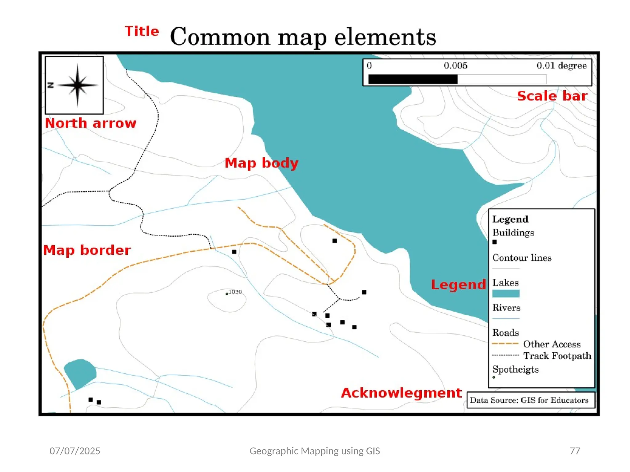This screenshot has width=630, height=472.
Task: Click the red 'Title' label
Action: (x=142, y=31)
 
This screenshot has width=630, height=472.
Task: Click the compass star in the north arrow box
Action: (x=78, y=85)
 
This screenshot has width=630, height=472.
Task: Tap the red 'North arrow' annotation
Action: (x=90, y=123)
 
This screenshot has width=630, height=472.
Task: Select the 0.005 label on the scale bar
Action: (x=455, y=65)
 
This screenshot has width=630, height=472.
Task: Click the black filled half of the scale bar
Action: (x=413, y=79)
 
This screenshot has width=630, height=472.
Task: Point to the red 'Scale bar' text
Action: (x=552, y=96)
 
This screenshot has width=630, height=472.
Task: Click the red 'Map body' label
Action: (x=261, y=163)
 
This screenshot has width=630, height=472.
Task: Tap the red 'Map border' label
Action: (x=87, y=250)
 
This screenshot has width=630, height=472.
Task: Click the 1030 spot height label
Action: (x=235, y=292)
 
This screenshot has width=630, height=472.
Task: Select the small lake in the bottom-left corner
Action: (x=80, y=373)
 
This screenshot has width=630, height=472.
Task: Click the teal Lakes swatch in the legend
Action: (x=506, y=293)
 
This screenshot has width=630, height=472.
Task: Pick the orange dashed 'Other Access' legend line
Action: (x=505, y=344)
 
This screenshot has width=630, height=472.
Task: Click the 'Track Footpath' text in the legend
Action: (x=557, y=356)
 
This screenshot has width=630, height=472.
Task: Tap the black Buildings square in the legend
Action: (x=495, y=242)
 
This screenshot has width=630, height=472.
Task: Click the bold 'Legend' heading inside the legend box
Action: (x=510, y=219)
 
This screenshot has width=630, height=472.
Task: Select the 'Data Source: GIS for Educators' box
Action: (x=531, y=400)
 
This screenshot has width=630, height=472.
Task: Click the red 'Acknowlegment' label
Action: (x=401, y=393)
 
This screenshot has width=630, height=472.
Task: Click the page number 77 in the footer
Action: (x=575, y=451)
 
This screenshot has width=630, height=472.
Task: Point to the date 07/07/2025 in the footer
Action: (x=75, y=451)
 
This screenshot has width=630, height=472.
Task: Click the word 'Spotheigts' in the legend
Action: (x=515, y=369)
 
